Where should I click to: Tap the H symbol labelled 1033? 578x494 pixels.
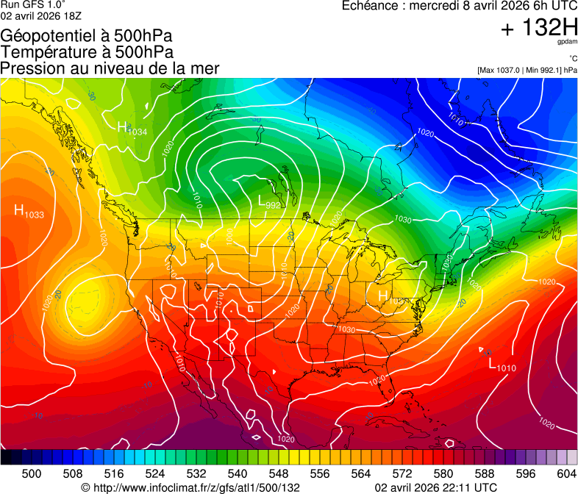19,210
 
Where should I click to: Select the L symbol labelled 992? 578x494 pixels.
263,200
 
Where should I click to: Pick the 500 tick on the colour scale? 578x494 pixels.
32,473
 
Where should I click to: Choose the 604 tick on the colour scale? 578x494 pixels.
565,473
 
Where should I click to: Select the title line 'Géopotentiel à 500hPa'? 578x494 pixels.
87,36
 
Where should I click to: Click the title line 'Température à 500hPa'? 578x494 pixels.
87,52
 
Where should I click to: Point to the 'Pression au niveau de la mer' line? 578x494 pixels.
110,68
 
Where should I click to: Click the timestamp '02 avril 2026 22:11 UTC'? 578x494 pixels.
435,487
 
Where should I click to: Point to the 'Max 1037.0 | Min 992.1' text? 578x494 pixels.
527,71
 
